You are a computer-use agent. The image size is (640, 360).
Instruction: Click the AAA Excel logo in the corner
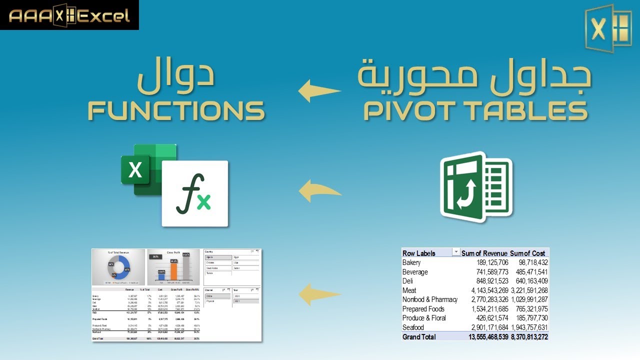[69, 15]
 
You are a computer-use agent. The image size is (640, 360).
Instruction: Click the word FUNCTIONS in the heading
[176, 110]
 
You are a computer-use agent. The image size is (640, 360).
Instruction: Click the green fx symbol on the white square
[194, 193]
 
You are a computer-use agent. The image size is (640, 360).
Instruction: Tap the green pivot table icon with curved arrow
[475, 187]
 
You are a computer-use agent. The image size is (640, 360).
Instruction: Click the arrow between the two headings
[319, 90]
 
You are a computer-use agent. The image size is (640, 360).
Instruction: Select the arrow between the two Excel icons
[319, 190]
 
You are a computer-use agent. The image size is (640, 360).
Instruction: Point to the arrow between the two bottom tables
[319, 294]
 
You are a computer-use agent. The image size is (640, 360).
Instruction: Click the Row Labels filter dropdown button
[456, 253]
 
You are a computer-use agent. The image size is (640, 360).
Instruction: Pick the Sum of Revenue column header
[484, 253]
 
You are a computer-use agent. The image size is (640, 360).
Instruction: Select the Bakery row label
[411, 262]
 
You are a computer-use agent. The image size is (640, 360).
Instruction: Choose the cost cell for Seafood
[528, 327]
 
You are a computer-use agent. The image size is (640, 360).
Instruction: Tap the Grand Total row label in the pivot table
[419, 337]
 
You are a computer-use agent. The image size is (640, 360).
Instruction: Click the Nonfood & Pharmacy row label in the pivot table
[429, 299]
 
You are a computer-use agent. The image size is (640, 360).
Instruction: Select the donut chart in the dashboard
[119, 268]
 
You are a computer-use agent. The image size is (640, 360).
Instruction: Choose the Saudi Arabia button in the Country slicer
[218, 268]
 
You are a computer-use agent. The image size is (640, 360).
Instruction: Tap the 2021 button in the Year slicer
[246, 301]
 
